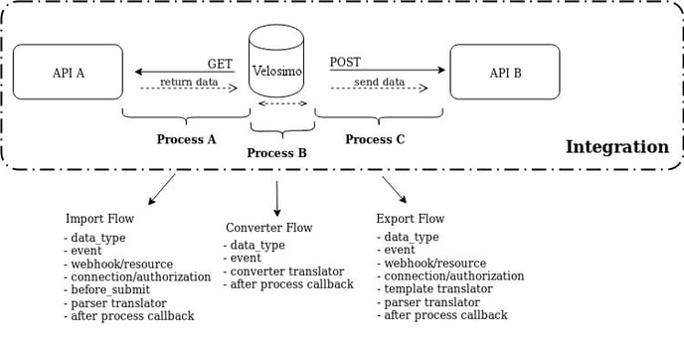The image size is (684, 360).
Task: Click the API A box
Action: [x=68, y=72]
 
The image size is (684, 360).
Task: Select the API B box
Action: [x=505, y=72]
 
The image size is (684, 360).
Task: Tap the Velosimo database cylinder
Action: [x=276, y=65]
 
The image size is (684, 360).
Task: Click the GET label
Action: [x=220, y=64]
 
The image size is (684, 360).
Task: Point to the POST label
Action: [x=345, y=63]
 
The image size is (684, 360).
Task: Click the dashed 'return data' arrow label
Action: [x=189, y=82]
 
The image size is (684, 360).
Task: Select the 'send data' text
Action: [x=379, y=82]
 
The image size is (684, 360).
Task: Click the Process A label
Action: [x=186, y=139]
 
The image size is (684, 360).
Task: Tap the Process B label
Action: [x=276, y=153]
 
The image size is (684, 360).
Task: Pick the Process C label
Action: [x=375, y=139]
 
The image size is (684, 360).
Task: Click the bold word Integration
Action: [x=616, y=147]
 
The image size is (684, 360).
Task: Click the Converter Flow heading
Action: [x=268, y=228]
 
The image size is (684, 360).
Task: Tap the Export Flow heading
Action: [x=410, y=219]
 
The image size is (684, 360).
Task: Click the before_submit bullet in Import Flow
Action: [x=108, y=290]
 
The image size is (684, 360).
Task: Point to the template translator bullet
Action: [x=437, y=288]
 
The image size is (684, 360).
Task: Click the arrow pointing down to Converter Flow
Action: [x=276, y=198]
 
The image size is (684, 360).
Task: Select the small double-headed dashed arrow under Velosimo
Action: [x=282, y=103]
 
